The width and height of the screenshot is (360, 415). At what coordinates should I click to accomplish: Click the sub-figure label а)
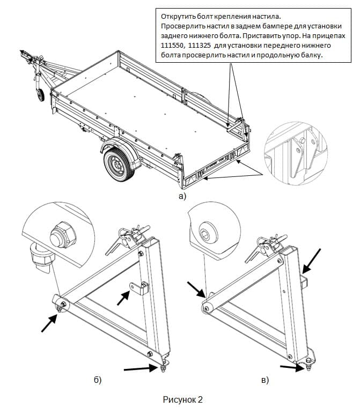(182, 196)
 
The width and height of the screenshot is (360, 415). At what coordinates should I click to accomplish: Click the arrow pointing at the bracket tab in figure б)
(123, 298)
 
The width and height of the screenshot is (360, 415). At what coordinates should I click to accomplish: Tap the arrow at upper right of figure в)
(312, 260)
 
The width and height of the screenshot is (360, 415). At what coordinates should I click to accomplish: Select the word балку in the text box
(310, 57)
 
